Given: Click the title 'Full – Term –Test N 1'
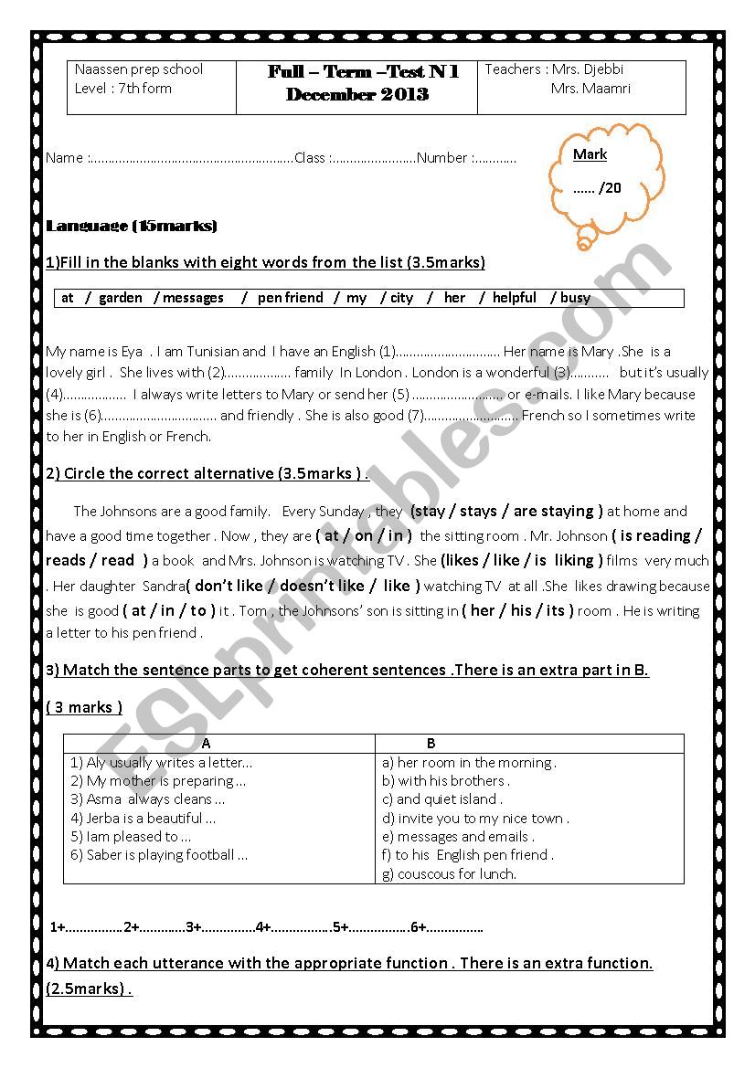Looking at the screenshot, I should click(363, 72).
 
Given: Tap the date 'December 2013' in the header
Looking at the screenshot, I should click(356, 95).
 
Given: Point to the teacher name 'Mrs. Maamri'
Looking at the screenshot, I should click(590, 89).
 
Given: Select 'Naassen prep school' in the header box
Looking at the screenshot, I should click(139, 69).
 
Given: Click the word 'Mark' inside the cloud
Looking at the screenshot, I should click(590, 154).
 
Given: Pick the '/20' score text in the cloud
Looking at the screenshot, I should click(610, 188).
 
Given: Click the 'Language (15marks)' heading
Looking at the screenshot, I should click(132, 226).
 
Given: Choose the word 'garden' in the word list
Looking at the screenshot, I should click(121, 298).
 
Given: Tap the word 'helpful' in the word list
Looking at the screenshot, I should click(514, 298).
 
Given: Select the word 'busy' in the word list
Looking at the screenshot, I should click(575, 298).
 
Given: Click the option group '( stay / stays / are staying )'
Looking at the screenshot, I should click(506, 512).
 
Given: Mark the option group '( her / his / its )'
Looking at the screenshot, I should click(517, 610).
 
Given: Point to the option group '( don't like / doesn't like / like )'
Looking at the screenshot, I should click(303, 586).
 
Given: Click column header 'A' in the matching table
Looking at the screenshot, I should click(206, 744).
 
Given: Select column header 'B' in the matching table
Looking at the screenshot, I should click(431, 744).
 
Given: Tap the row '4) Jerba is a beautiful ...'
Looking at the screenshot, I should click(144, 819).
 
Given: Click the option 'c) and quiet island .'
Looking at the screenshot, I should click(442, 799).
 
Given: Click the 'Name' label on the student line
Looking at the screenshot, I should click(64, 158).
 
